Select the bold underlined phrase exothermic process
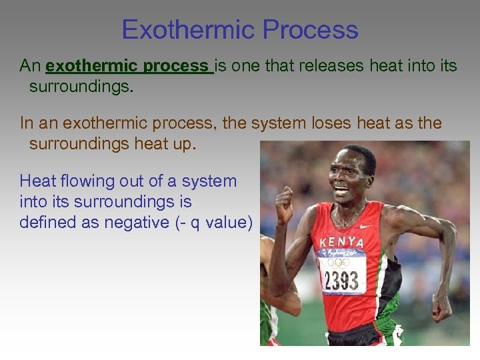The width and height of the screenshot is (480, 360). (129, 66)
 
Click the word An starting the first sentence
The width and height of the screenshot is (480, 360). (31, 66)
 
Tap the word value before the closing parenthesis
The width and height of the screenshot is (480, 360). (226, 223)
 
